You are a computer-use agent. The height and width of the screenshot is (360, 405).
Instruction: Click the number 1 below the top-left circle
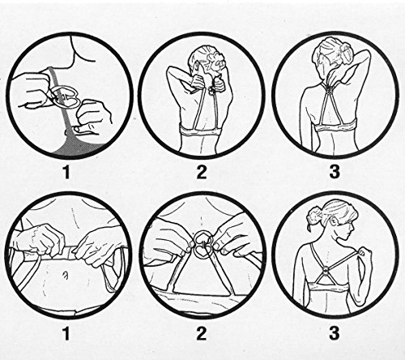[66, 172]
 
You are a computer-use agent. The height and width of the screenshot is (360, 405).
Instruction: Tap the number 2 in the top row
[201, 172]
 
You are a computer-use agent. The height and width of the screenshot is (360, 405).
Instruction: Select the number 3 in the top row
[335, 172]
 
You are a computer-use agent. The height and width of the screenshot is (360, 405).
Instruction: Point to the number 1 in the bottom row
[66, 333]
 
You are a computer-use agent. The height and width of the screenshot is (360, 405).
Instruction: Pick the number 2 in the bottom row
[201, 333]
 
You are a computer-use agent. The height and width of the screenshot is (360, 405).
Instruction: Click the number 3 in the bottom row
[334, 333]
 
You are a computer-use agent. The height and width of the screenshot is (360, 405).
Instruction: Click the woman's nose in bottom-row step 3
[352, 232]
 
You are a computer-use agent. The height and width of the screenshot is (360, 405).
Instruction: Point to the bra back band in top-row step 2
[201, 131]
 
